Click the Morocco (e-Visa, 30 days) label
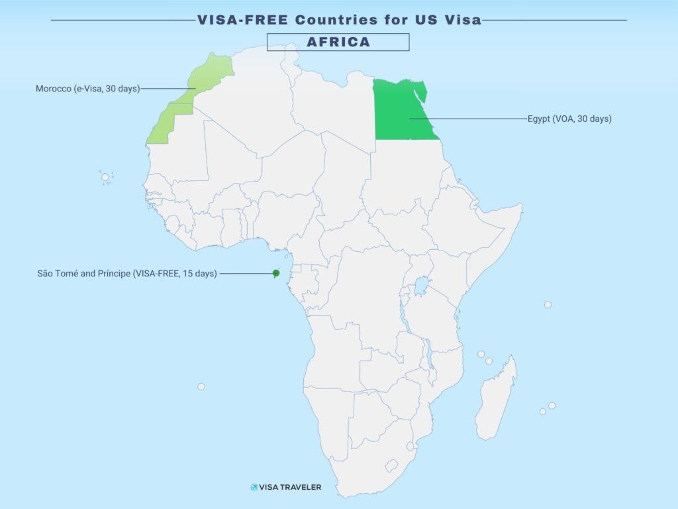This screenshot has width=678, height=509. point(87,89)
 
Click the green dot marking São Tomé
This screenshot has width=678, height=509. point(276,273)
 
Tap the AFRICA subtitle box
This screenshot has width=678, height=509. point(338,42)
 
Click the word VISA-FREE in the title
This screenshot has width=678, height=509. point(243,20)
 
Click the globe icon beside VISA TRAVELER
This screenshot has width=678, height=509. point(254,487)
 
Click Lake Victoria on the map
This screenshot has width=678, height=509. point(420,288)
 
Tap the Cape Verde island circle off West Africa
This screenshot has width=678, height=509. point(105,177)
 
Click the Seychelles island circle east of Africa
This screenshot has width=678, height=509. point(548,305)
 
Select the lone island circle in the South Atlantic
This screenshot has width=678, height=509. point(201,386)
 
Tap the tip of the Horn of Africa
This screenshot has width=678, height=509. point(522,207)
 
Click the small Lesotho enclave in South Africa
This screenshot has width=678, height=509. point(410,446)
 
